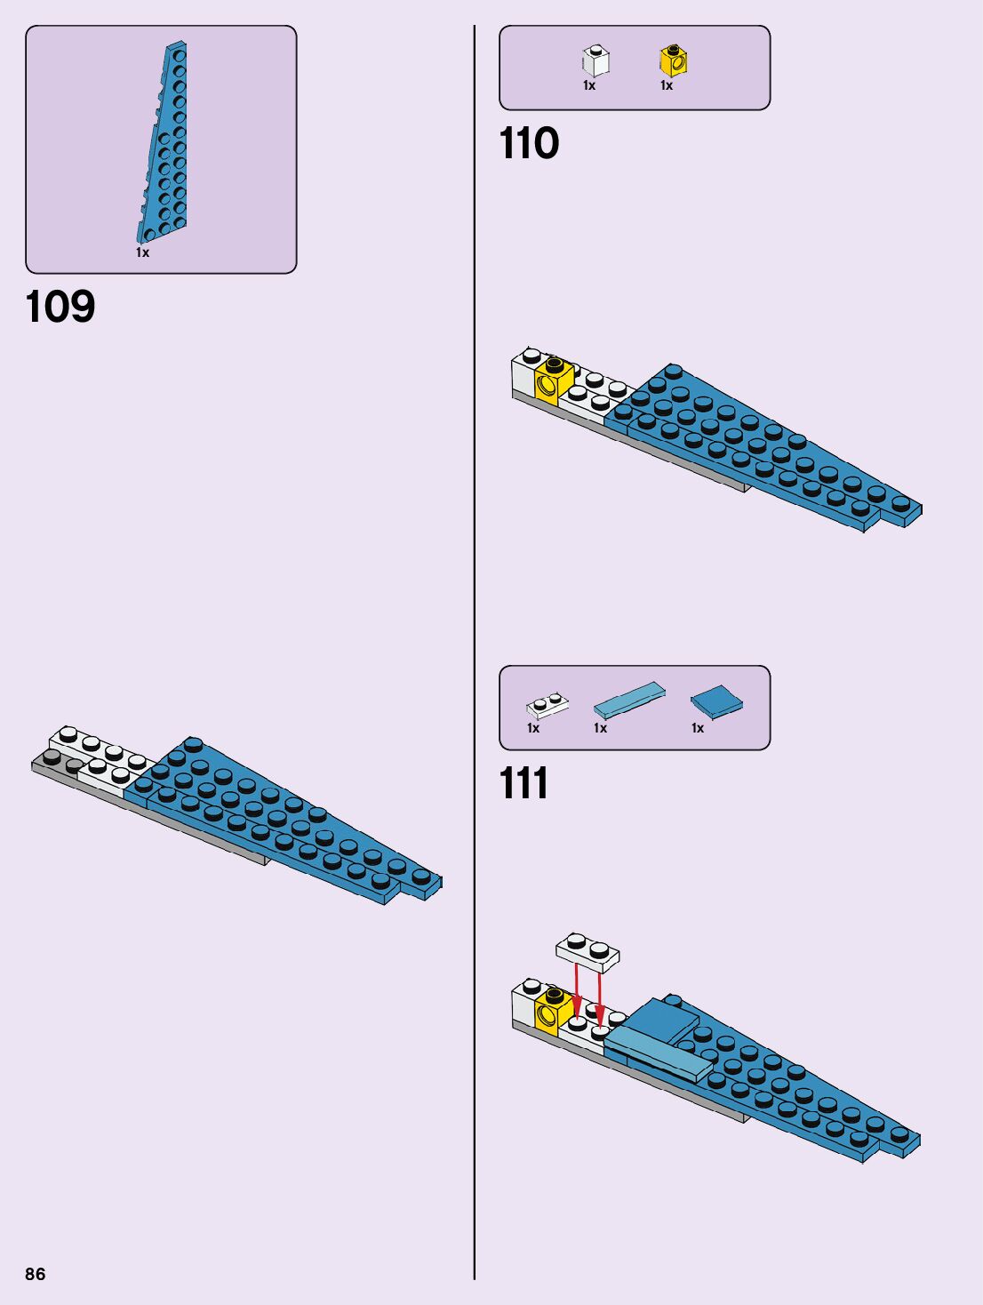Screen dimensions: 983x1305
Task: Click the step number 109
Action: [60, 307]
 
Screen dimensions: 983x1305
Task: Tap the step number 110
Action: [529, 143]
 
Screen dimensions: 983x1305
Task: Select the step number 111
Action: [523, 783]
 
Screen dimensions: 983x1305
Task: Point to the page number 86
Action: [35, 1274]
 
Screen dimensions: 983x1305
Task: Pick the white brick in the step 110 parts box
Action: [595, 60]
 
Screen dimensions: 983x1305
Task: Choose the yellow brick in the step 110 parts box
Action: [674, 60]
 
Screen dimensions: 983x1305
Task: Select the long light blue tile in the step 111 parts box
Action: [628, 700]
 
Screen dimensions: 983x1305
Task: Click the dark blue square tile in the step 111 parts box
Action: [716, 701]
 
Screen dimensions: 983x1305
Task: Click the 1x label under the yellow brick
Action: [667, 85]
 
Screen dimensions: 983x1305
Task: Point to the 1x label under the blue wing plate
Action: [142, 252]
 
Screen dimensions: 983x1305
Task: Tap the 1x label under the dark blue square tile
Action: [698, 728]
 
